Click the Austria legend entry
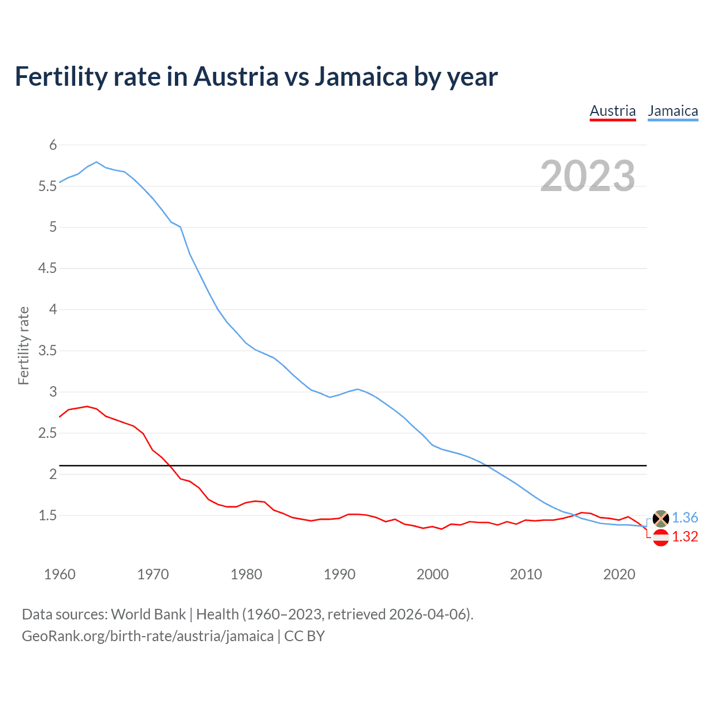(613, 111)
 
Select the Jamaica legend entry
(673, 111)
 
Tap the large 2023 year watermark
(588, 176)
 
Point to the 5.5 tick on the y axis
(48, 186)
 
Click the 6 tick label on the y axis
(53, 145)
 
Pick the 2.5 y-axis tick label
(48, 433)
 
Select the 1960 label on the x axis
(60, 574)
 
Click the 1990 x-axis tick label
(339, 574)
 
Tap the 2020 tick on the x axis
(619, 574)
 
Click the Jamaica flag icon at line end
(661, 518)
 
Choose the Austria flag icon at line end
(661, 538)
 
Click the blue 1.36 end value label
(685, 517)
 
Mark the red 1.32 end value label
(685, 536)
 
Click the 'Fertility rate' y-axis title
(23, 345)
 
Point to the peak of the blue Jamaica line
(97, 162)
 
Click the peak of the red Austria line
(87, 407)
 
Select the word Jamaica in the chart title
(361, 76)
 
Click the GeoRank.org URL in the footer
(148, 636)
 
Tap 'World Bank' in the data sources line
(148, 614)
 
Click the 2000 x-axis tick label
(432, 574)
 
